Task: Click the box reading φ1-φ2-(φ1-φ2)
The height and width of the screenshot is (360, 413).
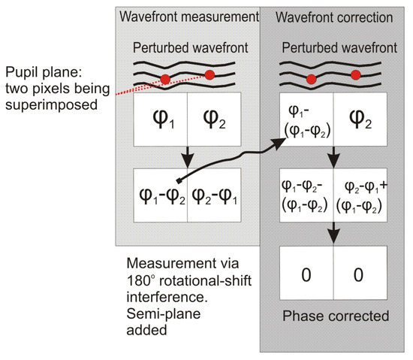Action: (x=304, y=200)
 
